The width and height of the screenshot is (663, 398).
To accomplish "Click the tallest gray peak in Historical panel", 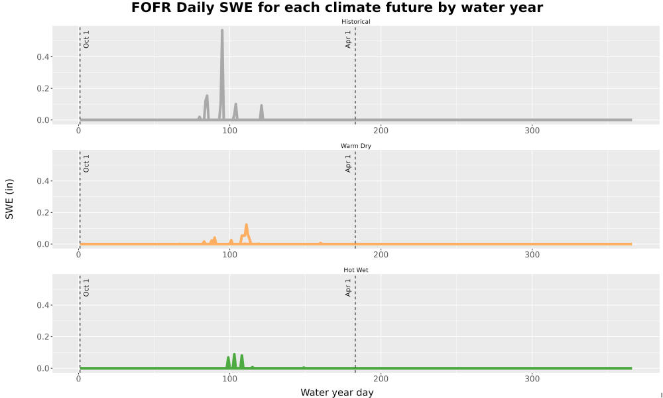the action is [222, 31].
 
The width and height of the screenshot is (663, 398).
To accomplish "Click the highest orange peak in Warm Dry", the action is [246, 225].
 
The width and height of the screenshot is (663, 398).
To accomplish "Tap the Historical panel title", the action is [355, 22].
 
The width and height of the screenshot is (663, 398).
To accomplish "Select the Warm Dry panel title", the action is [355, 146].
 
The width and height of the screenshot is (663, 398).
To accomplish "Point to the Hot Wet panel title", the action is [355, 270].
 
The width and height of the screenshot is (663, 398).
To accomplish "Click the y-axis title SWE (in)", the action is [9, 199].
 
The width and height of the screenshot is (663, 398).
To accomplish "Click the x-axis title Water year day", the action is [337, 393].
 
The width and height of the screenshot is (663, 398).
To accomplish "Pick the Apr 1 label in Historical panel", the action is [348, 39].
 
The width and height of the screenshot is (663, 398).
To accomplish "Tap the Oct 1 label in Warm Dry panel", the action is [86, 164].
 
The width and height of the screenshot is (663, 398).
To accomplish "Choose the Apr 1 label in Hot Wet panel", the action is [348, 288].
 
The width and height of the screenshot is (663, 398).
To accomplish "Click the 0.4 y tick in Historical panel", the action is [42, 57].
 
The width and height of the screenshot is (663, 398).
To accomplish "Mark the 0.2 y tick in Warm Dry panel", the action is [42, 213].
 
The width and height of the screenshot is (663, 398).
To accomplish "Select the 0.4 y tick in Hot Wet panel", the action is [42, 305].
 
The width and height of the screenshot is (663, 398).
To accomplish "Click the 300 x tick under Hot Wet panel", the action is [532, 379].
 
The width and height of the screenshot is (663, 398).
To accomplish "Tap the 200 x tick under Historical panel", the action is [381, 131].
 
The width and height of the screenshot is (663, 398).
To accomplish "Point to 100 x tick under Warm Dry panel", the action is [229, 255].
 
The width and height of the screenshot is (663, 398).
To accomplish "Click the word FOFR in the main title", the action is [148, 7].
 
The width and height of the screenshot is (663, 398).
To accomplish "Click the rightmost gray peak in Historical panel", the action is [261, 105].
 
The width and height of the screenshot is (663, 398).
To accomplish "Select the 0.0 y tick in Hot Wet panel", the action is [42, 368].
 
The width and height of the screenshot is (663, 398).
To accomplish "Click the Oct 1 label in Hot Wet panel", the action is [86, 288].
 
